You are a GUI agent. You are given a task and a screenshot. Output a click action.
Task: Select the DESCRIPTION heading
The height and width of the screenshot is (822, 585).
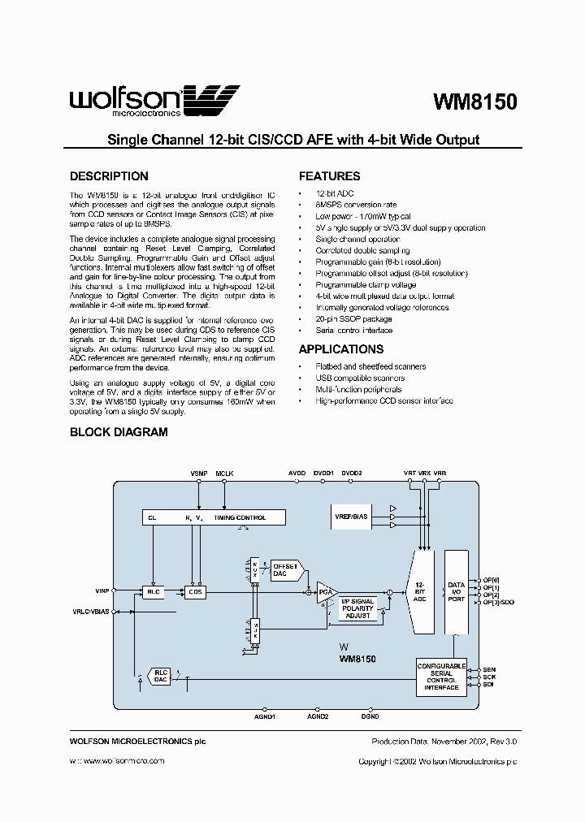[109, 176]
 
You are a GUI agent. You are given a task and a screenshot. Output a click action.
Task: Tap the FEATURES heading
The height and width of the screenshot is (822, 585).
[330, 176]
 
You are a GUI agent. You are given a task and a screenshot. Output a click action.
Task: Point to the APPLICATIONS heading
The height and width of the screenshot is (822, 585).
[341, 349]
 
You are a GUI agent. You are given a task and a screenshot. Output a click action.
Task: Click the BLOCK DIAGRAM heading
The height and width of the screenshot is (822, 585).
[119, 432]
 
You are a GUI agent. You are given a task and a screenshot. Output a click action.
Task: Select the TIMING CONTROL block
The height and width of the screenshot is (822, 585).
[215, 517]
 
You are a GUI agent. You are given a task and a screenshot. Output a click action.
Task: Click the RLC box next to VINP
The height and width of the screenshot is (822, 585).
[153, 592]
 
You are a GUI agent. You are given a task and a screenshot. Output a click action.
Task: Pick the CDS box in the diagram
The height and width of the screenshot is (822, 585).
[195, 592]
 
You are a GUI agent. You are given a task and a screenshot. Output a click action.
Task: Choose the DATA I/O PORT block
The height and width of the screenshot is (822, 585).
[457, 591]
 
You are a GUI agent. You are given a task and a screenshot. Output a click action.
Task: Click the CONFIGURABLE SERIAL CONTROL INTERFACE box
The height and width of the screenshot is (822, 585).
[441, 677]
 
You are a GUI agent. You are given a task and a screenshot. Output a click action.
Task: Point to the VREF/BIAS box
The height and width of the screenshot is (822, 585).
[350, 516]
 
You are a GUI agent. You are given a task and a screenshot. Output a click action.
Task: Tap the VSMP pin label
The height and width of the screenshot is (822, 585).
[199, 472]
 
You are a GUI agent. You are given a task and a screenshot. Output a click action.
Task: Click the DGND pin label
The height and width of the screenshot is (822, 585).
[370, 716]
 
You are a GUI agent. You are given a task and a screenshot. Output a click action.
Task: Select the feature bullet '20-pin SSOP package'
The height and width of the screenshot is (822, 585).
[353, 319]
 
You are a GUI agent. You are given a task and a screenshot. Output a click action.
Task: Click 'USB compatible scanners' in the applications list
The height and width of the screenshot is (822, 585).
[360, 378]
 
